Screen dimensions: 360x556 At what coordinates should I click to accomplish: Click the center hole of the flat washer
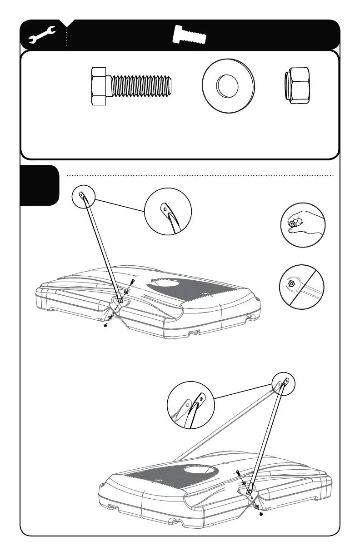228,86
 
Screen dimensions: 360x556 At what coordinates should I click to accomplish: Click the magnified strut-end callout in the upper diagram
168,212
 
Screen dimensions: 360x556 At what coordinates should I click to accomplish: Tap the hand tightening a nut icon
302,225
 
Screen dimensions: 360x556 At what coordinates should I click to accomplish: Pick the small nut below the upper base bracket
105,326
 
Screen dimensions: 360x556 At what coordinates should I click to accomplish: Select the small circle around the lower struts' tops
283,383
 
